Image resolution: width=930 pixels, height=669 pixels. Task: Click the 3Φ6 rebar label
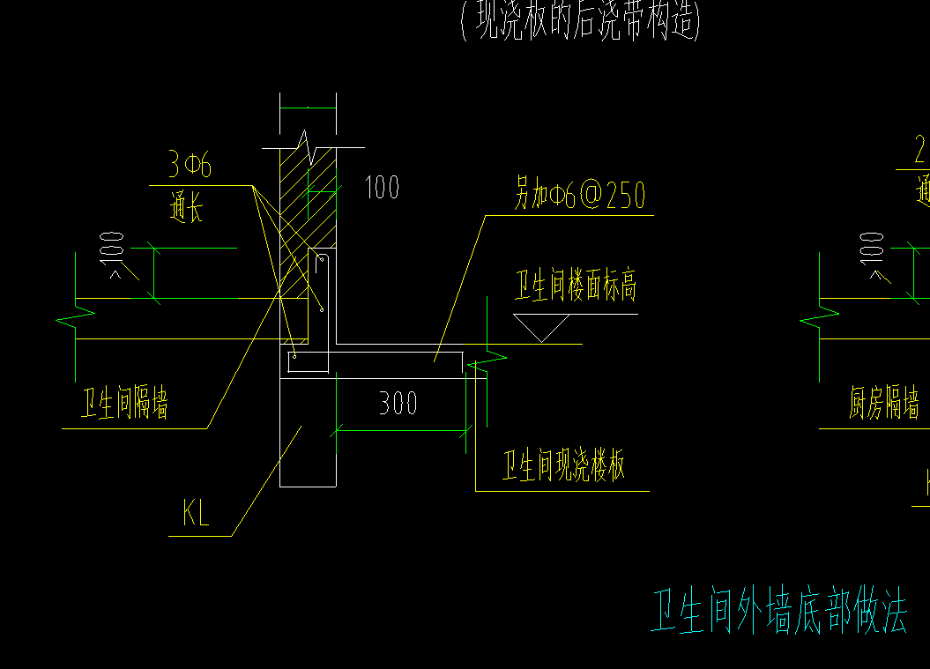tap(189, 165)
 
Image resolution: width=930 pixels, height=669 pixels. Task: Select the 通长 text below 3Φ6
tap(186, 209)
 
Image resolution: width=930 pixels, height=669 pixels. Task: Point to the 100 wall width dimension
tap(381, 187)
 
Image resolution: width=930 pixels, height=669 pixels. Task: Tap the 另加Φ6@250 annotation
tap(580, 195)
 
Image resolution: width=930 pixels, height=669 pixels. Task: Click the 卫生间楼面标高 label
tap(575, 286)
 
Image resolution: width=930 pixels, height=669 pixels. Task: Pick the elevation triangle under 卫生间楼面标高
tap(541, 329)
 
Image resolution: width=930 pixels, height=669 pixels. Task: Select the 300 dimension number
tap(398, 404)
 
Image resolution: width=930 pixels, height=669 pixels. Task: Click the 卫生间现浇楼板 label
tap(564, 465)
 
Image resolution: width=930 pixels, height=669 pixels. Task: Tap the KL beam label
tap(196, 514)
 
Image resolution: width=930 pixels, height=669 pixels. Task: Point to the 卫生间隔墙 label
tap(124, 404)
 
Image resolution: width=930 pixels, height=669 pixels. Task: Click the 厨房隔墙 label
tap(883, 404)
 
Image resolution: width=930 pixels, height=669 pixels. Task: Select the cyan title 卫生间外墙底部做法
tap(778, 612)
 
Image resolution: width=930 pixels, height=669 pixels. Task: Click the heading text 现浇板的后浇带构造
tap(580, 22)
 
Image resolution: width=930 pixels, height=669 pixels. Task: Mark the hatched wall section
tap(309, 203)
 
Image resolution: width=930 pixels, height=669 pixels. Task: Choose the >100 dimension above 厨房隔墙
tap(872, 257)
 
